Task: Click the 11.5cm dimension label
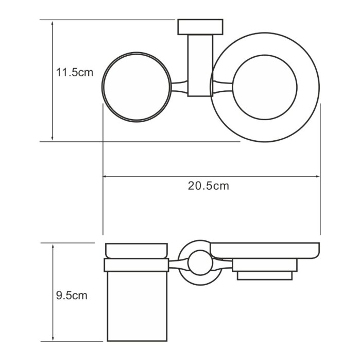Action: pos(75,72)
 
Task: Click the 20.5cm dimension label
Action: pos(208,186)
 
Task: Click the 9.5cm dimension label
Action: pos(72,296)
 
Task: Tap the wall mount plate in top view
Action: pos(200,27)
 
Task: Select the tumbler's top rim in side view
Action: pos(136,250)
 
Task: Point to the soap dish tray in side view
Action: pos(265,250)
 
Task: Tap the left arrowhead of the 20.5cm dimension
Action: pos(106,176)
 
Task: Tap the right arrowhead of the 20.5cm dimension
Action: pos(318,176)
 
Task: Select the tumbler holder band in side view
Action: pos(136,265)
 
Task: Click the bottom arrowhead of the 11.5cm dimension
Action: pos(53,138)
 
